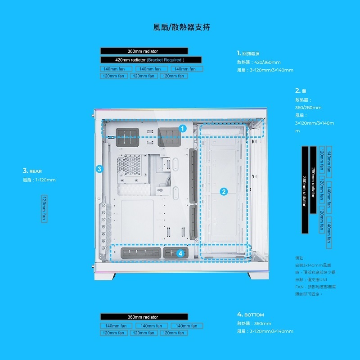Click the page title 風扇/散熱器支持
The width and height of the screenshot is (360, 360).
[x=181, y=27]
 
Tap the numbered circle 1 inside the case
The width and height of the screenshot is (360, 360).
[x=182, y=129]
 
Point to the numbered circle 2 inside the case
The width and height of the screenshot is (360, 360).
[x=224, y=192]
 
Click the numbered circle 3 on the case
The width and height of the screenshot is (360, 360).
[x=99, y=169]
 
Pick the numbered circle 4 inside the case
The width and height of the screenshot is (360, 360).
[x=180, y=253]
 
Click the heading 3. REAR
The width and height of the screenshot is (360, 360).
[x=32, y=171]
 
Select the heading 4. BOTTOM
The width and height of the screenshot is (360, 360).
[x=251, y=315]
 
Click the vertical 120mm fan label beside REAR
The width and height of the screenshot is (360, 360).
[x=44, y=209]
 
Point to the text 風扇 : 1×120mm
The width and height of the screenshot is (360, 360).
[x=39, y=180]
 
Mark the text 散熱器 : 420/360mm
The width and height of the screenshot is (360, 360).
[x=259, y=62]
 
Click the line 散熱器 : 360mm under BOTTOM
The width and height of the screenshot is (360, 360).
[x=254, y=323]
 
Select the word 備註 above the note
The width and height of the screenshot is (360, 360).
[x=299, y=258]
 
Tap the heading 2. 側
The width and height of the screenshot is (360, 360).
[x=301, y=91]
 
